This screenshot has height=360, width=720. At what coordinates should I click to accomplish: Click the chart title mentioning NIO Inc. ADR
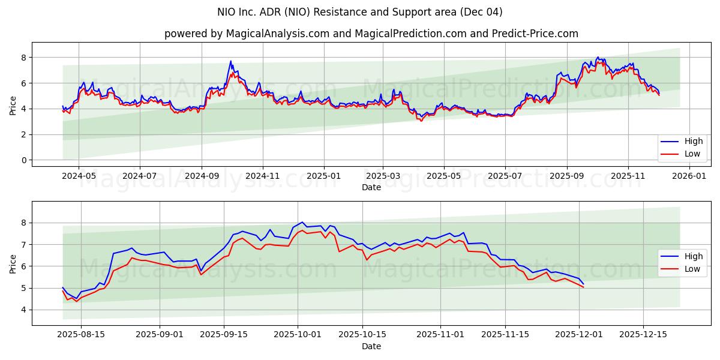tap(360, 12)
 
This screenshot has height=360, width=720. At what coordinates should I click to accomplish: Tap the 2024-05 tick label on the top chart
tap(79, 176)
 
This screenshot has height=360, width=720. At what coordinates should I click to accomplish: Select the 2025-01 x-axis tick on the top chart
tap(324, 176)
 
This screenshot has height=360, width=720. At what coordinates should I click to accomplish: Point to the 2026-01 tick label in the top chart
tap(689, 176)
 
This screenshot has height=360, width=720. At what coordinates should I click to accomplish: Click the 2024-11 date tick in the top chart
tap(263, 176)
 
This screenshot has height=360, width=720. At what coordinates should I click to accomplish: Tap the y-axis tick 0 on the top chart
tap(25, 160)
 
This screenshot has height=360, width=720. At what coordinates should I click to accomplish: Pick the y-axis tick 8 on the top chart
tap(25, 58)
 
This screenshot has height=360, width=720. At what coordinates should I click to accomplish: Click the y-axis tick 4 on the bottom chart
tap(25, 310)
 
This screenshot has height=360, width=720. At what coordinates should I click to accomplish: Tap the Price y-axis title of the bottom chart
tap(13, 263)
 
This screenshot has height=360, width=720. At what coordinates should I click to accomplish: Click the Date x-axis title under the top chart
tap(371, 187)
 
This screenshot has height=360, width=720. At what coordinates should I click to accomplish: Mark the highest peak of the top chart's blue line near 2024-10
tap(230, 61)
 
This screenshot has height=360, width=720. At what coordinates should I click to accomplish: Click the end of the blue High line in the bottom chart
tap(583, 284)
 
